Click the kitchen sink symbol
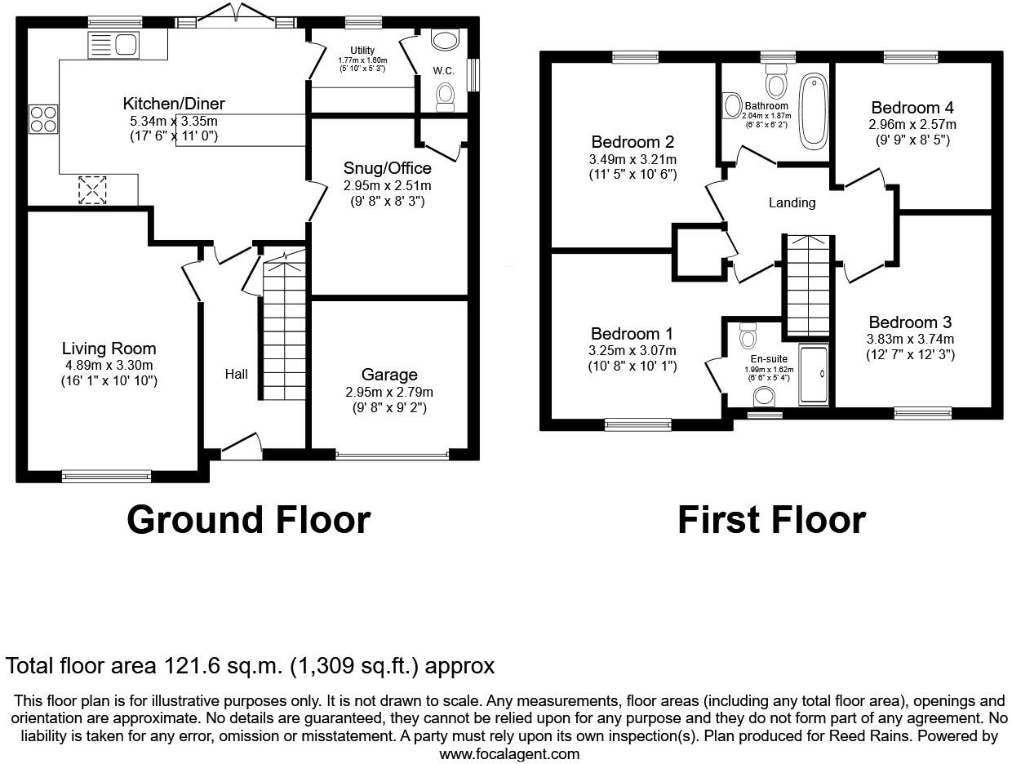[x=113, y=45]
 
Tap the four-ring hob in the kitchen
[x=42, y=120]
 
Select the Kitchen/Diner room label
[x=173, y=104]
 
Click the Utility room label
[x=362, y=51]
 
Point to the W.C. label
[x=443, y=71]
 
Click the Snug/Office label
[x=387, y=169]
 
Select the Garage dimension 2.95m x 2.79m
[x=388, y=392]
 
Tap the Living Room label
[x=109, y=349]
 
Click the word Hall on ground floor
[x=237, y=374]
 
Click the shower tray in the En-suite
[x=813, y=375]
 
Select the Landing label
[x=792, y=202]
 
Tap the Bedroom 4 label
[x=912, y=108]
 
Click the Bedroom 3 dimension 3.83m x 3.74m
[x=910, y=340]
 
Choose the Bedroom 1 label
[x=632, y=334]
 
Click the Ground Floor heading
[x=248, y=520]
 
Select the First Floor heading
[x=771, y=520]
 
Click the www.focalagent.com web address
[x=509, y=754]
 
